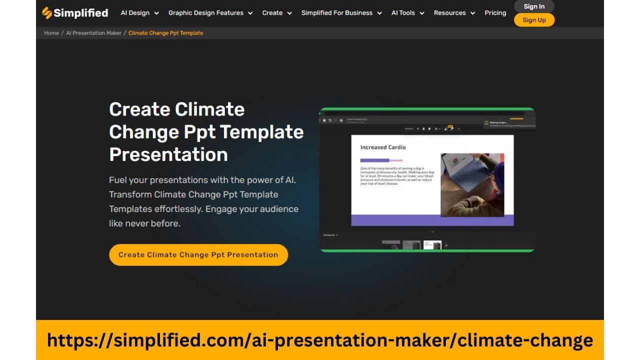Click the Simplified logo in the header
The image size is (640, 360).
[x=75, y=13]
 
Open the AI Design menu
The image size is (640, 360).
[x=139, y=13]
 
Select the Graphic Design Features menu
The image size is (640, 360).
[x=210, y=13]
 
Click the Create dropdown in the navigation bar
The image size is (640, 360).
[x=277, y=13]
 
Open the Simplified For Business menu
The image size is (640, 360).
[x=341, y=13]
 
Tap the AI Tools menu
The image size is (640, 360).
[x=407, y=13]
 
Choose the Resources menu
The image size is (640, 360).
[x=454, y=13]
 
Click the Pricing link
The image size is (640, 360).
[x=495, y=13]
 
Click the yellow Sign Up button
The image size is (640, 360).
[x=534, y=20]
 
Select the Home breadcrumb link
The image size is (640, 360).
[x=51, y=33]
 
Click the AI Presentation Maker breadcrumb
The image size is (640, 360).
[x=94, y=33]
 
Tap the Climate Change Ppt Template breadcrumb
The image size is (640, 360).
[x=165, y=33]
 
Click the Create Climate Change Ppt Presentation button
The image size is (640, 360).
[x=198, y=255]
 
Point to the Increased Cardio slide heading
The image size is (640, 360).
[x=383, y=147]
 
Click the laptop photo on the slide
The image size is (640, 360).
[x=472, y=184]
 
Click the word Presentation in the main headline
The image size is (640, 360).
[x=168, y=154]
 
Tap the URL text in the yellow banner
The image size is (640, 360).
[x=320, y=340]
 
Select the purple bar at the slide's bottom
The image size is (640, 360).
[x=432, y=220]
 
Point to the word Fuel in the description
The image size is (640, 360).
[x=118, y=180]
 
